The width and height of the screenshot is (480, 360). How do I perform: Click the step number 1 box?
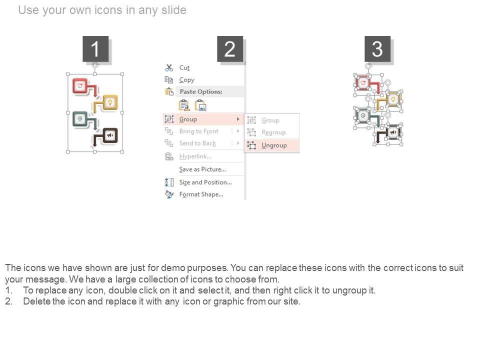95,48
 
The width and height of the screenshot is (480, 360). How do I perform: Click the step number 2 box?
230,48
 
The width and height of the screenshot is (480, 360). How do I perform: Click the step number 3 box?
377,48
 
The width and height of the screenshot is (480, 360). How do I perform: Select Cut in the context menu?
184,67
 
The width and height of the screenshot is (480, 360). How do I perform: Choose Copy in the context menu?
186,80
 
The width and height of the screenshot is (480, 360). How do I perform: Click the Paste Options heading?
201,91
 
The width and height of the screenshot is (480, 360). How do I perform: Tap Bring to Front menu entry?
198,131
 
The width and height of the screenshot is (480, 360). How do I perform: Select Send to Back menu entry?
197,143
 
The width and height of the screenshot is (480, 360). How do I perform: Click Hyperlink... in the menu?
195,156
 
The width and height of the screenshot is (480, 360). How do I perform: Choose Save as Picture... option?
202,169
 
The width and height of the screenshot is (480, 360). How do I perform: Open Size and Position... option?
205,182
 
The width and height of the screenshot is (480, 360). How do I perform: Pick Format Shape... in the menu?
201,194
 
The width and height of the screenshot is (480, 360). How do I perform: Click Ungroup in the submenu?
274,145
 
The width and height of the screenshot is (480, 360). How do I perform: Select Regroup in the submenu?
273,132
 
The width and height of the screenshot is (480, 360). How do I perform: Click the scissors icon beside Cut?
169,67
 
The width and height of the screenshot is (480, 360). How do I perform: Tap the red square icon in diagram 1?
80,86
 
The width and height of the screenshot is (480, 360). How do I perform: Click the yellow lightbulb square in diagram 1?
110,102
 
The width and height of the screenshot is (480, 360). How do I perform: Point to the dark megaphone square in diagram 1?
110,135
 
